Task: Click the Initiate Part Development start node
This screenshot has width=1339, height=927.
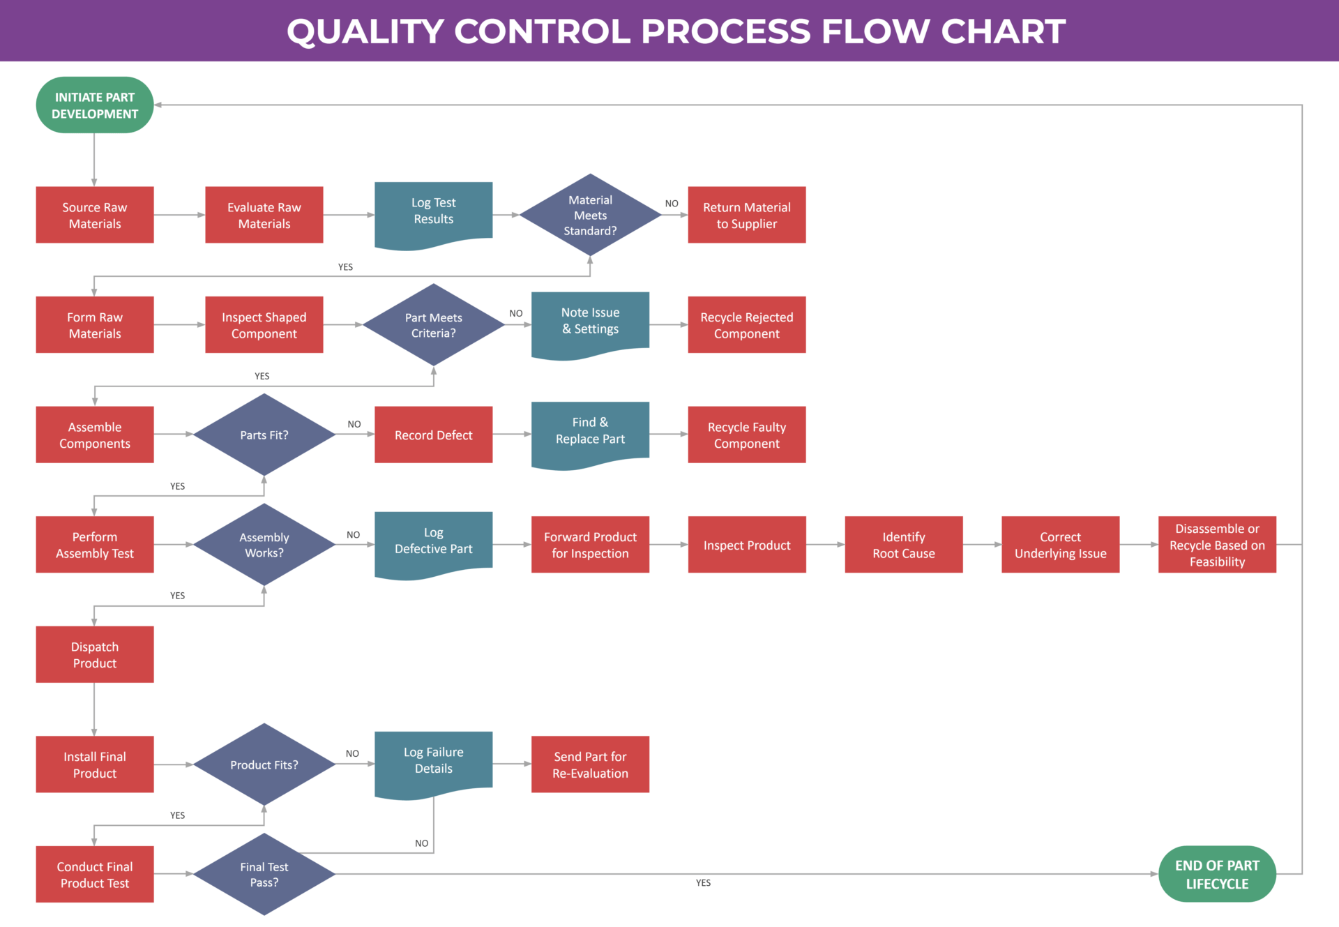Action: pos(95,105)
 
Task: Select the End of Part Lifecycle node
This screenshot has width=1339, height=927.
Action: pos(1217,874)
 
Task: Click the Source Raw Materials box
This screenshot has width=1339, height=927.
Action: pos(95,215)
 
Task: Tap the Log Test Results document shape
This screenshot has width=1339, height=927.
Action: pos(433,211)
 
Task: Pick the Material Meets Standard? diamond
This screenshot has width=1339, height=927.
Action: pos(590,215)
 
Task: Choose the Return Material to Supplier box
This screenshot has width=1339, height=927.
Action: pos(746,215)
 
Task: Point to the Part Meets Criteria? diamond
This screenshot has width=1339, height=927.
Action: pos(433,324)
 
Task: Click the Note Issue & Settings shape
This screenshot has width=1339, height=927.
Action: pos(590,322)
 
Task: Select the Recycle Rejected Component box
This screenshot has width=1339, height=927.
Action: pos(746,324)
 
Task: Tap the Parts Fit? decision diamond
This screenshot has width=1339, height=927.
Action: pos(264,435)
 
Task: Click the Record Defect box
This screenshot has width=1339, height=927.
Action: pos(433,435)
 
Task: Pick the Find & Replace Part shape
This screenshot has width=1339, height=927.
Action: pos(590,431)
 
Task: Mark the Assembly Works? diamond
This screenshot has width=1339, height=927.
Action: pos(264,545)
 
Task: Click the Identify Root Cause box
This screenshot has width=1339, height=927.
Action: pos(903,545)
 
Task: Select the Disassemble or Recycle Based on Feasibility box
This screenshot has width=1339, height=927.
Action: pos(1217,545)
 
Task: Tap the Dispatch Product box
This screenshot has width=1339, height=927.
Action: pos(95,654)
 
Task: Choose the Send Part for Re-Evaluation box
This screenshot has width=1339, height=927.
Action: pos(590,764)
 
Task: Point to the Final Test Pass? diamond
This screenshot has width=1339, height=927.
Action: pos(264,874)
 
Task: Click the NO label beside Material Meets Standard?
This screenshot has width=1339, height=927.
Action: pos(672,204)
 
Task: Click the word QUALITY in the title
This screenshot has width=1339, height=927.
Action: pos(365,31)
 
